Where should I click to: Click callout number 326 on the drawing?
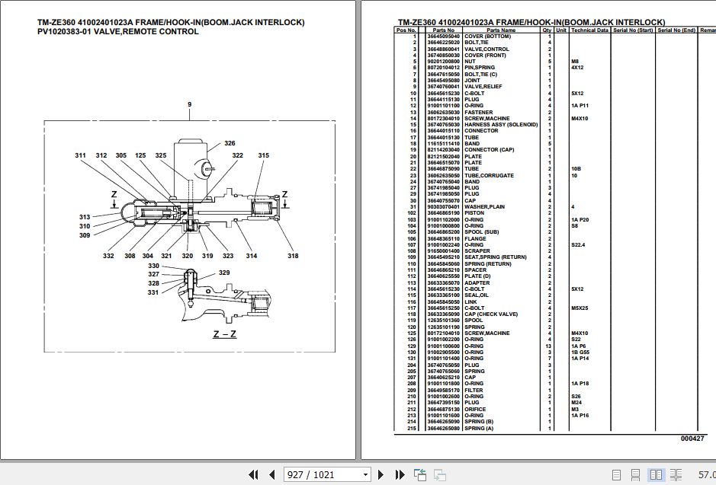pos(230,143)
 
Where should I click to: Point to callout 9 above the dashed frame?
pos(189,104)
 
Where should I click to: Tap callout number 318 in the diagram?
pos(293,256)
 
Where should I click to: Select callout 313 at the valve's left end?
pos(85,217)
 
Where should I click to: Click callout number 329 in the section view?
pos(224,273)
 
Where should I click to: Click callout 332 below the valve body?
pos(109,256)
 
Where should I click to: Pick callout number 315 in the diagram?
pos(263,155)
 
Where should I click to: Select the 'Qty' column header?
pos(547,30)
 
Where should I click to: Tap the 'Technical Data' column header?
pos(589,30)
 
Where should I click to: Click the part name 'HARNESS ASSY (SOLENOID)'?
pos(501,125)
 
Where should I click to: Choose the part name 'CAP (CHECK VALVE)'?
pos(490,314)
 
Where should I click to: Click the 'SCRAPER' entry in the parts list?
pos(478,250)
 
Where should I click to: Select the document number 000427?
pos(692,439)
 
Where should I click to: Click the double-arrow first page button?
pos(253,474)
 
